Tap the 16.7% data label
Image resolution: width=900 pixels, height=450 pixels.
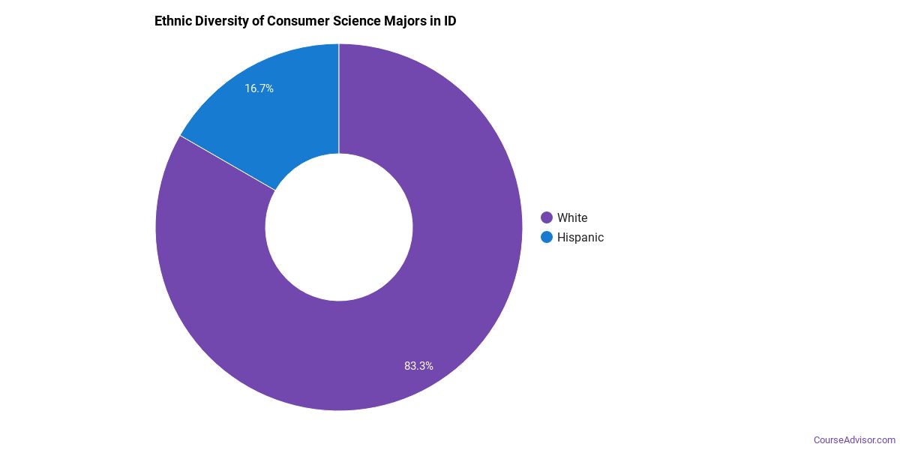[x=259, y=88]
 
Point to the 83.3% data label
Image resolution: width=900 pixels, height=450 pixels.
[x=418, y=366]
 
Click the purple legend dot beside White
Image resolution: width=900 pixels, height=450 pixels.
[x=547, y=217]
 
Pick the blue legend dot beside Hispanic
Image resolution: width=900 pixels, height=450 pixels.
[x=547, y=237]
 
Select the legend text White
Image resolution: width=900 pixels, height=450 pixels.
[x=572, y=217]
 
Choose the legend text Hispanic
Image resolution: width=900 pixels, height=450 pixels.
[x=580, y=237]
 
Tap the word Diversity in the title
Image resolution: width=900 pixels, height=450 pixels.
[x=222, y=21]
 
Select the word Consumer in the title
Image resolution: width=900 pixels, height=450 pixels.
[x=298, y=21]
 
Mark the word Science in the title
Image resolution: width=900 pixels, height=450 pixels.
[x=355, y=21]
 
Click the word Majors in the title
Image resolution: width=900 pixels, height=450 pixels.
[x=406, y=21]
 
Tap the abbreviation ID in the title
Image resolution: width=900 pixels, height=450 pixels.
[x=450, y=21]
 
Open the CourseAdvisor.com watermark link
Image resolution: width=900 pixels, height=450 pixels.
[x=854, y=439]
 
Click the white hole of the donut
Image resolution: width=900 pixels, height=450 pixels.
[x=339, y=227]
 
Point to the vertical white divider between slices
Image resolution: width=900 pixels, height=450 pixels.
[x=339, y=97]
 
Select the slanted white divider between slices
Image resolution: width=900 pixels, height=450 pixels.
[x=228, y=163]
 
